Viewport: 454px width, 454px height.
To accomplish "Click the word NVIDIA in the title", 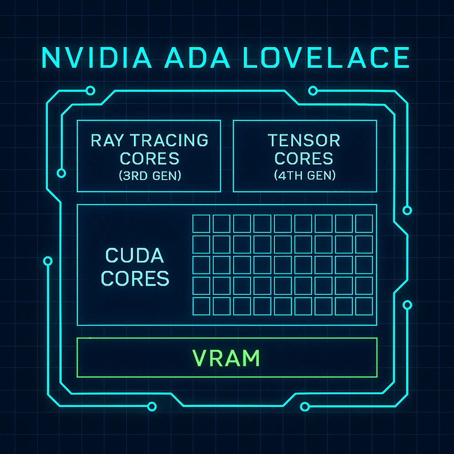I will pyautogui.click(x=92, y=58).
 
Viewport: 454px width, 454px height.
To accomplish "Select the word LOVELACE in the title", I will pyautogui.click(x=327, y=58).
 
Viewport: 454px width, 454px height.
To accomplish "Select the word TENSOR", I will pyautogui.click(x=304, y=140).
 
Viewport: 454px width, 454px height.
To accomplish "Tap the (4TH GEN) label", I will pyautogui.click(x=304, y=176).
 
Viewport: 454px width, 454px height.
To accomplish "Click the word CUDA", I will pyautogui.click(x=135, y=256).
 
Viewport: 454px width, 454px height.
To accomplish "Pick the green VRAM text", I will pyautogui.click(x=226, y=358).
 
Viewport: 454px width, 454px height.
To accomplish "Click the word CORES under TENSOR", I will pyautogui.click(x=304, y=158).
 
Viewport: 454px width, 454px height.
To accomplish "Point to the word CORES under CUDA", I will pyautogui.click(x=135, y=278).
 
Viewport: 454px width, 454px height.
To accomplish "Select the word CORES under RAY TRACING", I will pyautogui.click(x=149, y=158).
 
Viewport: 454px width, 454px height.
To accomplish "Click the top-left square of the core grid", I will pyautogui.click(x=201, y=223).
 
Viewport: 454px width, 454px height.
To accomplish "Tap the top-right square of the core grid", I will pyautogui.click(x=364, y=223).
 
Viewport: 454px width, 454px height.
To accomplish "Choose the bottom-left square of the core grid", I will pyautogui.click(x=201, y=306).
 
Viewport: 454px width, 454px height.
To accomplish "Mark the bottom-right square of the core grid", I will pyautogui.click(x=364, y=306).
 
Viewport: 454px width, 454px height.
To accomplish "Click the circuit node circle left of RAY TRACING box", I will pyautogui.click(x=62, y=173).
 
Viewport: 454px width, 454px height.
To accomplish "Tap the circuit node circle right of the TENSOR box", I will pyautogui.click(x=407, y=210).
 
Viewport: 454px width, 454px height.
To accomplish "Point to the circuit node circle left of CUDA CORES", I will pyautogui.click(x=48, y=261).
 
